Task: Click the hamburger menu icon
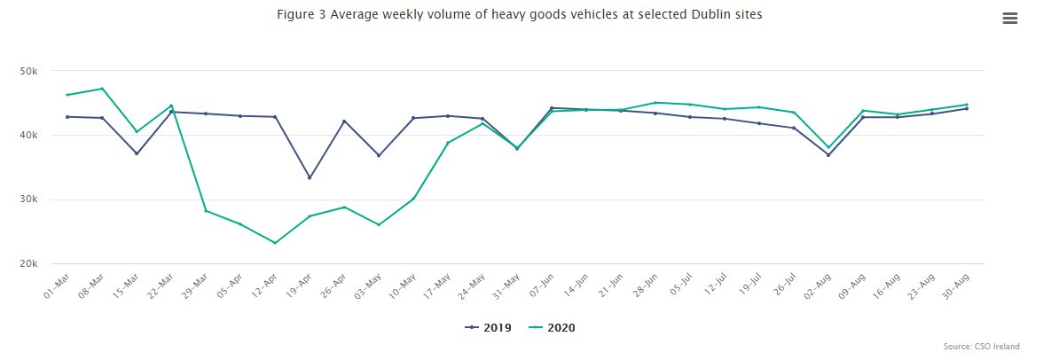click(x=1009, y=19)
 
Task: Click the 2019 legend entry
click(x=488, y=327)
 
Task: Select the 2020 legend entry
click(x=552, y=327)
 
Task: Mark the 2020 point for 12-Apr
click(x=275, y=243)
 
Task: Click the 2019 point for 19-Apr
click(x=310, y=177)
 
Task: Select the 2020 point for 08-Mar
click(x=102, y=89)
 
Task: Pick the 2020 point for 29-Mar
click(x=206, y=211)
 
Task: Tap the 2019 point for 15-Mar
click(x=137, y=153)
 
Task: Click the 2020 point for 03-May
click(x=379, y=225)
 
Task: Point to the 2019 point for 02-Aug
click(x=828, y=155)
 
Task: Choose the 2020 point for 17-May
click(x=448, y=143)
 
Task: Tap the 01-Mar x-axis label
click(x=57, y=285)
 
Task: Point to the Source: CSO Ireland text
click(x=981, y=347)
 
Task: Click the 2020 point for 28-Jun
click(x=655, y=103)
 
